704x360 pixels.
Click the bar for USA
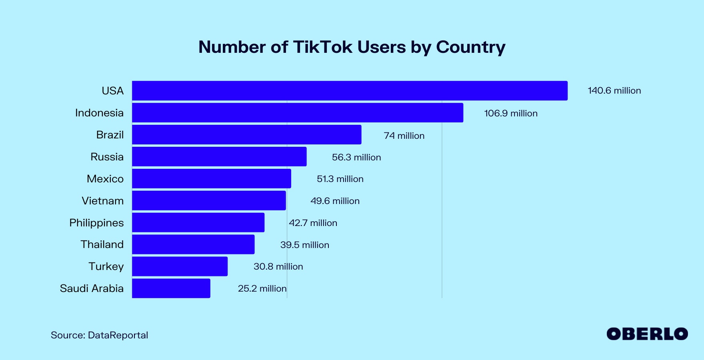point(350,91)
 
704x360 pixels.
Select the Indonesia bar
point(298,113)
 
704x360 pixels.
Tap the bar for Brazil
point(247,135)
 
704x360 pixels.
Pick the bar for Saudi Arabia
point(171,288)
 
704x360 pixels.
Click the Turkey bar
point(180,266)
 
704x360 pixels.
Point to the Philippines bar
point(198,222)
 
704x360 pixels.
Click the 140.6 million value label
point(614,91)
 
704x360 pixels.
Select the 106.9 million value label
point(510,114)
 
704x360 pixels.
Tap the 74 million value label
point(404,136)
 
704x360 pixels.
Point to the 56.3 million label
point(356,158)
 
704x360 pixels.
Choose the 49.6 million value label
point(335,201)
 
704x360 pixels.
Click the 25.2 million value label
point(262,289)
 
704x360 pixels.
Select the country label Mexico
point(105,179)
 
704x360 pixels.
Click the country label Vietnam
point(103,201)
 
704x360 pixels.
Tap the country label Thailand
point(102,244)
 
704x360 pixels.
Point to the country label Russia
point(107,157)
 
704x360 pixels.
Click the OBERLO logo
point(647,334)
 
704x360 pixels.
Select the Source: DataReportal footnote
point(99,335)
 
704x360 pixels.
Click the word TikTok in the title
point(323,47)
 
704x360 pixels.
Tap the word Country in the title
point(470,48)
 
